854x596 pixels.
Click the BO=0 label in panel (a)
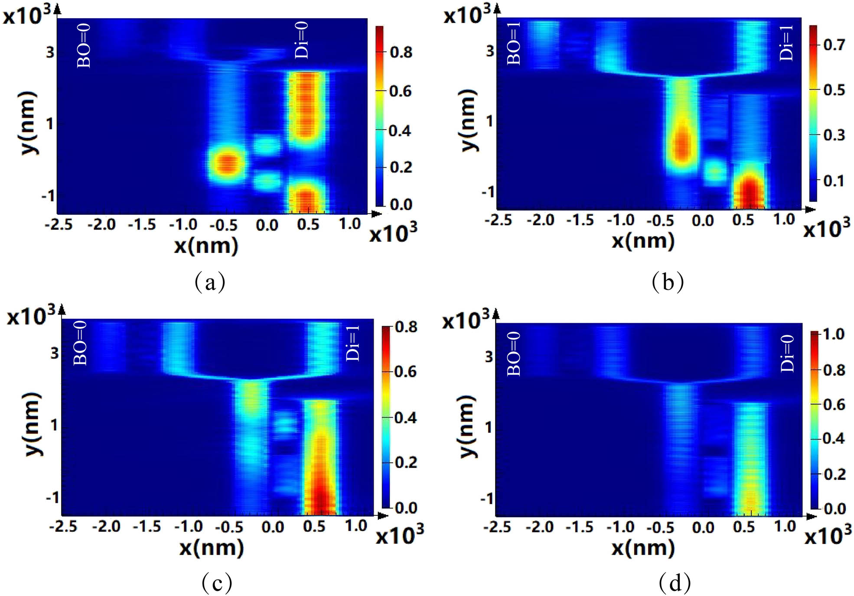[x=84, y=45]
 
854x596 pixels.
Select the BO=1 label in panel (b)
[x=514, y=43]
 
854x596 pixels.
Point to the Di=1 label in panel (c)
[x=353, y=343]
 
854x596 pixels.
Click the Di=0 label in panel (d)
[x=787, y=353]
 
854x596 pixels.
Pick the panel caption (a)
[x=210, y=282]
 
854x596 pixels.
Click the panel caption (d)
[x=675, y=583]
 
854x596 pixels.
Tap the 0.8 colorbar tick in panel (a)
[x=401, y=52]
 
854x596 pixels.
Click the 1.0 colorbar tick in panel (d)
[x=834, y=334]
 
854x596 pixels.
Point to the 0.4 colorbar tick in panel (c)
[x=405, y=418]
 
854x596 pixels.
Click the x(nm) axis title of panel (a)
[x=206, y=246]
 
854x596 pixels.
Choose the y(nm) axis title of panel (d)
[x=467, y=426]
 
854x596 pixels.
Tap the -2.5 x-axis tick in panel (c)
[x=63, y=526]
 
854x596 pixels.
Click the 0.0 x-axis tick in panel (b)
[x=703, y=221]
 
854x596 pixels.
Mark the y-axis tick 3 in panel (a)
[x=50, y=52]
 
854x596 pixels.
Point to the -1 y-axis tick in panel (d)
[x=487, y=499]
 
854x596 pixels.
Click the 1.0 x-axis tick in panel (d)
[x=785, y=526]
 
